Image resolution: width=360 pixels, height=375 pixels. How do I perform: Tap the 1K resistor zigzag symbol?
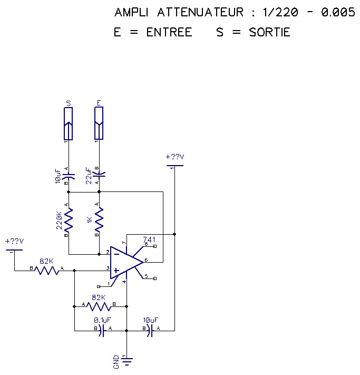pyautogui.click(x=99, y=221)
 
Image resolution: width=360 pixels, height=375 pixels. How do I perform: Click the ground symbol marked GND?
pyautogui.click(x=127, y=361)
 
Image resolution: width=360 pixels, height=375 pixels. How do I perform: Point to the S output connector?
pyautogui.click(x=68, y=123)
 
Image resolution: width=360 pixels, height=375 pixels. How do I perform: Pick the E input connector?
pyautogui.click(x=99, y=123)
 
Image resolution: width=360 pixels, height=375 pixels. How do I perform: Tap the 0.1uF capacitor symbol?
pyautogui.click(x=102, y=331)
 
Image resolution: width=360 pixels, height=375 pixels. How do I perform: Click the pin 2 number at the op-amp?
pyautogui.click(x=108, y=252)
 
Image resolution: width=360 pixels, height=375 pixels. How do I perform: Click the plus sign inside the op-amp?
pyautogui.click(x=115, y=270)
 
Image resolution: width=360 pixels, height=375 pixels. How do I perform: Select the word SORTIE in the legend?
pyautogui.click(x=269, y=32)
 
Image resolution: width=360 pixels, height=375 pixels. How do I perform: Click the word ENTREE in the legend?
pyautogui.click(x=169, y=32)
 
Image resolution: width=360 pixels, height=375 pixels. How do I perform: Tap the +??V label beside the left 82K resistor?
pyautogui.click(x=15, y=241)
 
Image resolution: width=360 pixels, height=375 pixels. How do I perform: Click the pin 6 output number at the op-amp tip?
pyautogui.click(x=146, y=259)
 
